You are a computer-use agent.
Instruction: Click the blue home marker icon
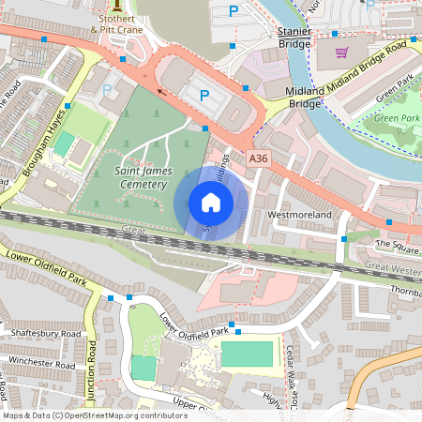click(211, 202)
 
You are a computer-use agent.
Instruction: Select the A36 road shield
click(259, 160)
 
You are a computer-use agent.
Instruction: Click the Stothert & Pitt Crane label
click(117, 23)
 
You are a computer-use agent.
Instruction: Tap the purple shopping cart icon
click(340, 53)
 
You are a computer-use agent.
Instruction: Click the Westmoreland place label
click(300, 215)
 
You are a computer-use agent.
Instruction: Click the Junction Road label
click(92, 366)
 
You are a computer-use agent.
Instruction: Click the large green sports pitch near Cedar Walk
click(247, 354)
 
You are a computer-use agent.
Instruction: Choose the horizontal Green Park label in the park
click(398, 118)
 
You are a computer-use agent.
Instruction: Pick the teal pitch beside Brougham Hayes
click(64, 143)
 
